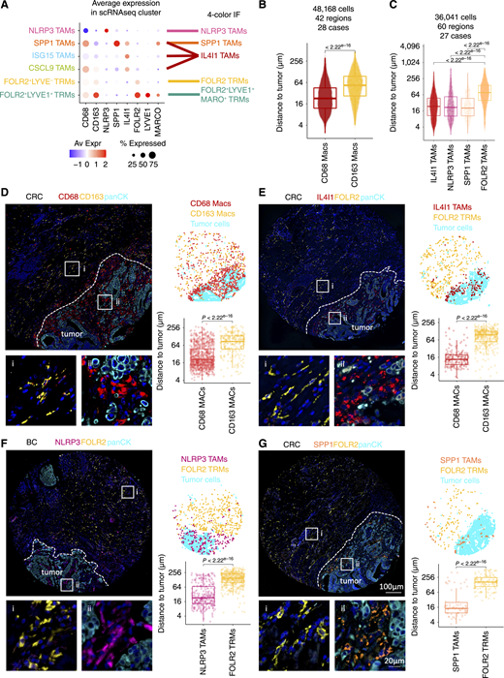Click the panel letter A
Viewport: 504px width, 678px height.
tap(7, 8)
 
